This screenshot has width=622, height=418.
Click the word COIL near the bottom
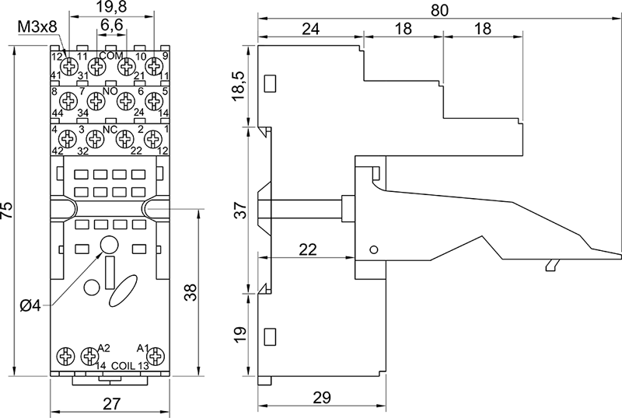(124, 365)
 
